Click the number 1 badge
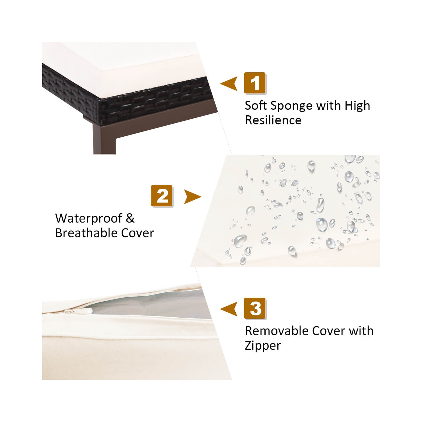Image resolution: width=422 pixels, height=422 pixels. (255, 83)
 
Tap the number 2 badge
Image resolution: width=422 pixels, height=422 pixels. (162, 196)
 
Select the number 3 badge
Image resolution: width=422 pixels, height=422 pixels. (255, 309)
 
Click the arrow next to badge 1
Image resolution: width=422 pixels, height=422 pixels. (229, 84)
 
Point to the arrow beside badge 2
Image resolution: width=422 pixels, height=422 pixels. (192, 197)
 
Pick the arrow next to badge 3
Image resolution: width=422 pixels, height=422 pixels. (229, 309)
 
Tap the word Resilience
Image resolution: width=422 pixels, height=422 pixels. (273, 120)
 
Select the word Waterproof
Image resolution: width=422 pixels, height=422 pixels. (89, 219)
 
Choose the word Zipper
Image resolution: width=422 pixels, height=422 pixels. (263, 346)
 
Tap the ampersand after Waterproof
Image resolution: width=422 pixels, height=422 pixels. (130, 218)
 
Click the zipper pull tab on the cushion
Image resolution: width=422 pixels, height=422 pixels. (70, 311)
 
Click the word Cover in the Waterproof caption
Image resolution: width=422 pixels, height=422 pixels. (138, 233)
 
